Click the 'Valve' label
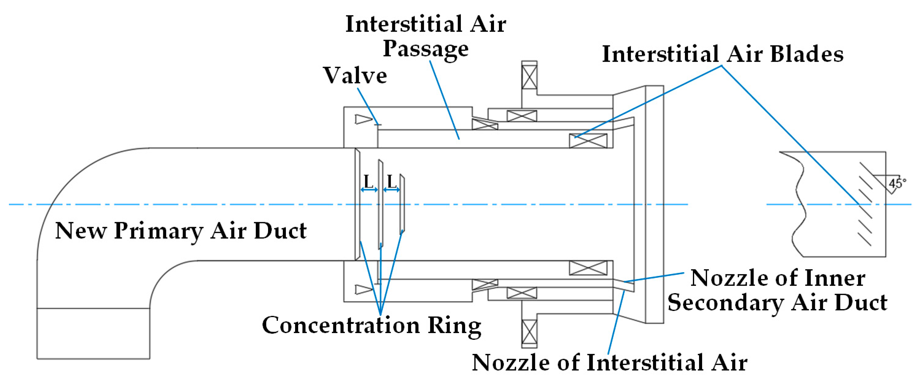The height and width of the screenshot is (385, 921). click(355, 75)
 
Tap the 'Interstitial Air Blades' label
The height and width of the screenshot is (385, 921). click(723, 54)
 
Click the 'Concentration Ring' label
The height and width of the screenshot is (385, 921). click(372, 326)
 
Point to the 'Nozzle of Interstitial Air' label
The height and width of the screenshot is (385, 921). click(610, 363)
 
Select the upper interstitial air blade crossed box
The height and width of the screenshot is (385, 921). click(588, 141)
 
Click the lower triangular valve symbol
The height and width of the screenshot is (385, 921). click(364, 289)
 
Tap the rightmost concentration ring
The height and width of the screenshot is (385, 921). click(402, 204)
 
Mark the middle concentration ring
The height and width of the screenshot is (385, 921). click(381, 204)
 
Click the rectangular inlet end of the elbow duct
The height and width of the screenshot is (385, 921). click(93, 333)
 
